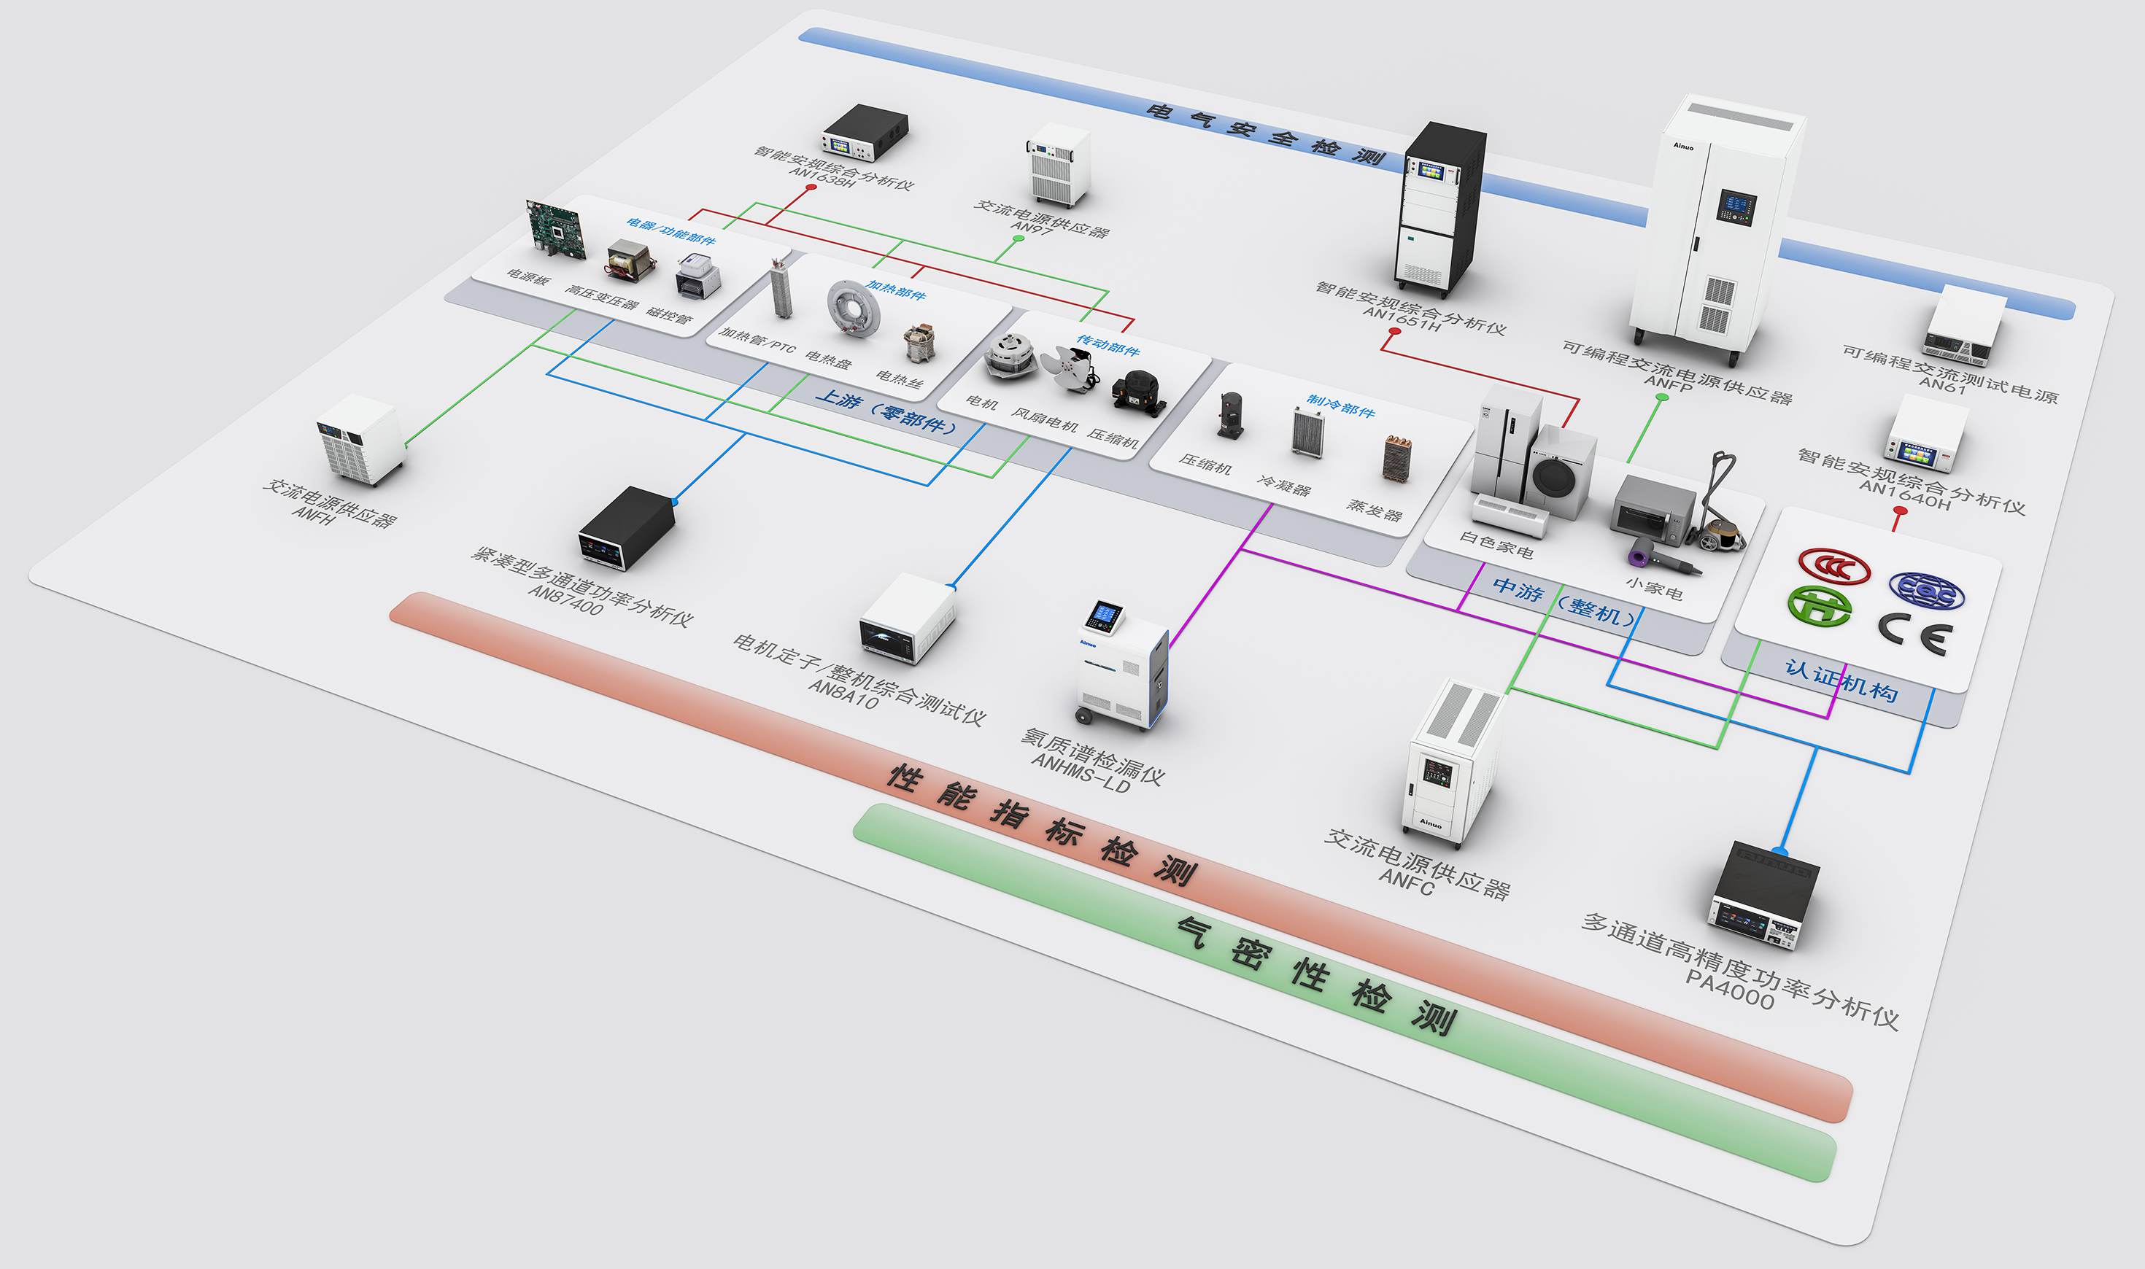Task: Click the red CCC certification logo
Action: (1833, 566)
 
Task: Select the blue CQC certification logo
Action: (1926, 591)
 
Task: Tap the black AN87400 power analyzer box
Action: (626, 527)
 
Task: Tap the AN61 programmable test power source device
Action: (1965, 326)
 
